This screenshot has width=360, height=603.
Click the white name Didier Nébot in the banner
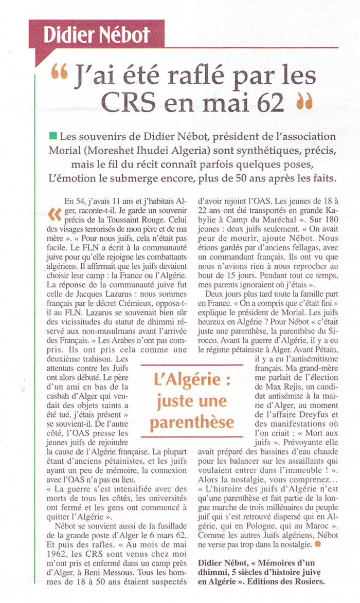(x=96, y=34)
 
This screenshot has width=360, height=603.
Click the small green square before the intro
(x=52, y=136)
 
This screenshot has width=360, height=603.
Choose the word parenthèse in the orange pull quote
(x=192, y=422)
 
